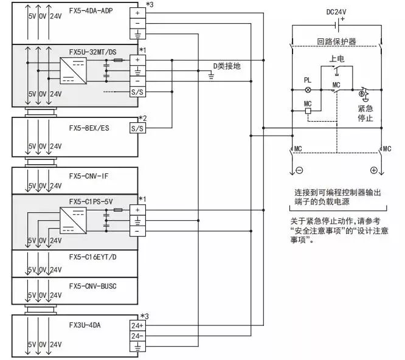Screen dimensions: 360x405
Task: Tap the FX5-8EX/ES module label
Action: click(89, 129)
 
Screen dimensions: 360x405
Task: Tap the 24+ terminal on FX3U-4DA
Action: click(137, 325)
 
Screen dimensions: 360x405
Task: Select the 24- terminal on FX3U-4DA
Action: click(137, 336)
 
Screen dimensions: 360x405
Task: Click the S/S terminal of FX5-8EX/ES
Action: click(137, 129)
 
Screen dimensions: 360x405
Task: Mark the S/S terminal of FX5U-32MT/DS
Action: click(137, 92)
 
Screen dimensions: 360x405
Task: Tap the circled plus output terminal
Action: click(373, 170)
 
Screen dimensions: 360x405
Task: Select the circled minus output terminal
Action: click(299, 170)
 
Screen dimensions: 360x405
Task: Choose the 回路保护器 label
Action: click(335, 41)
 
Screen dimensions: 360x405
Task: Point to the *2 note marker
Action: click(143, 117)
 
